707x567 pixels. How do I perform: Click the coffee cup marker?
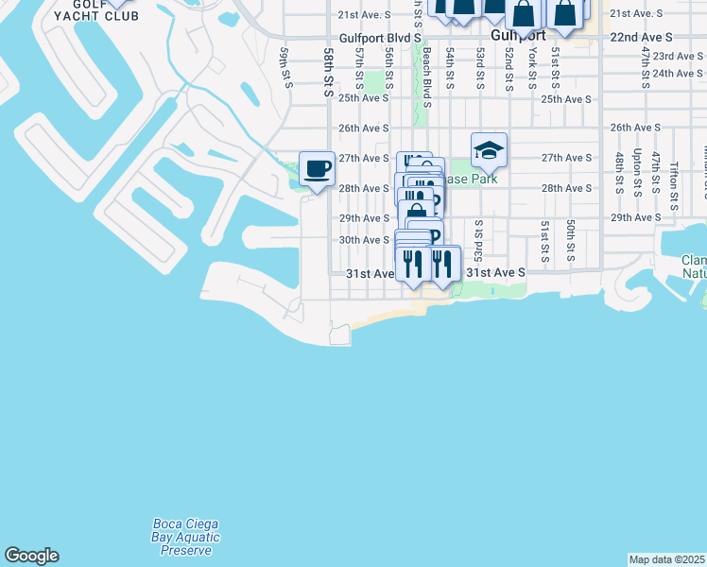(317, 169)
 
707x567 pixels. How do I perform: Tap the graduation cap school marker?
(489, 150)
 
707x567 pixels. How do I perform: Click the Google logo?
(31, 556)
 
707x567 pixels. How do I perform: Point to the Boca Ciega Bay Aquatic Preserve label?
(186, 538)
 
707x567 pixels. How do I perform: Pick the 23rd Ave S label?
(676, 57)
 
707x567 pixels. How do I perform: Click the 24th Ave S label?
(676, 73)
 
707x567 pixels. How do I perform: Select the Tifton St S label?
(674, 177)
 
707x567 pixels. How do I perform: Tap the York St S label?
(532, 63)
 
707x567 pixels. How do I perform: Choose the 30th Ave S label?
(364, 240)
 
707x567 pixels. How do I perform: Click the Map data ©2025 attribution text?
(667, 559)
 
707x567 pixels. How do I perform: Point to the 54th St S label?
(451, 71)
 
